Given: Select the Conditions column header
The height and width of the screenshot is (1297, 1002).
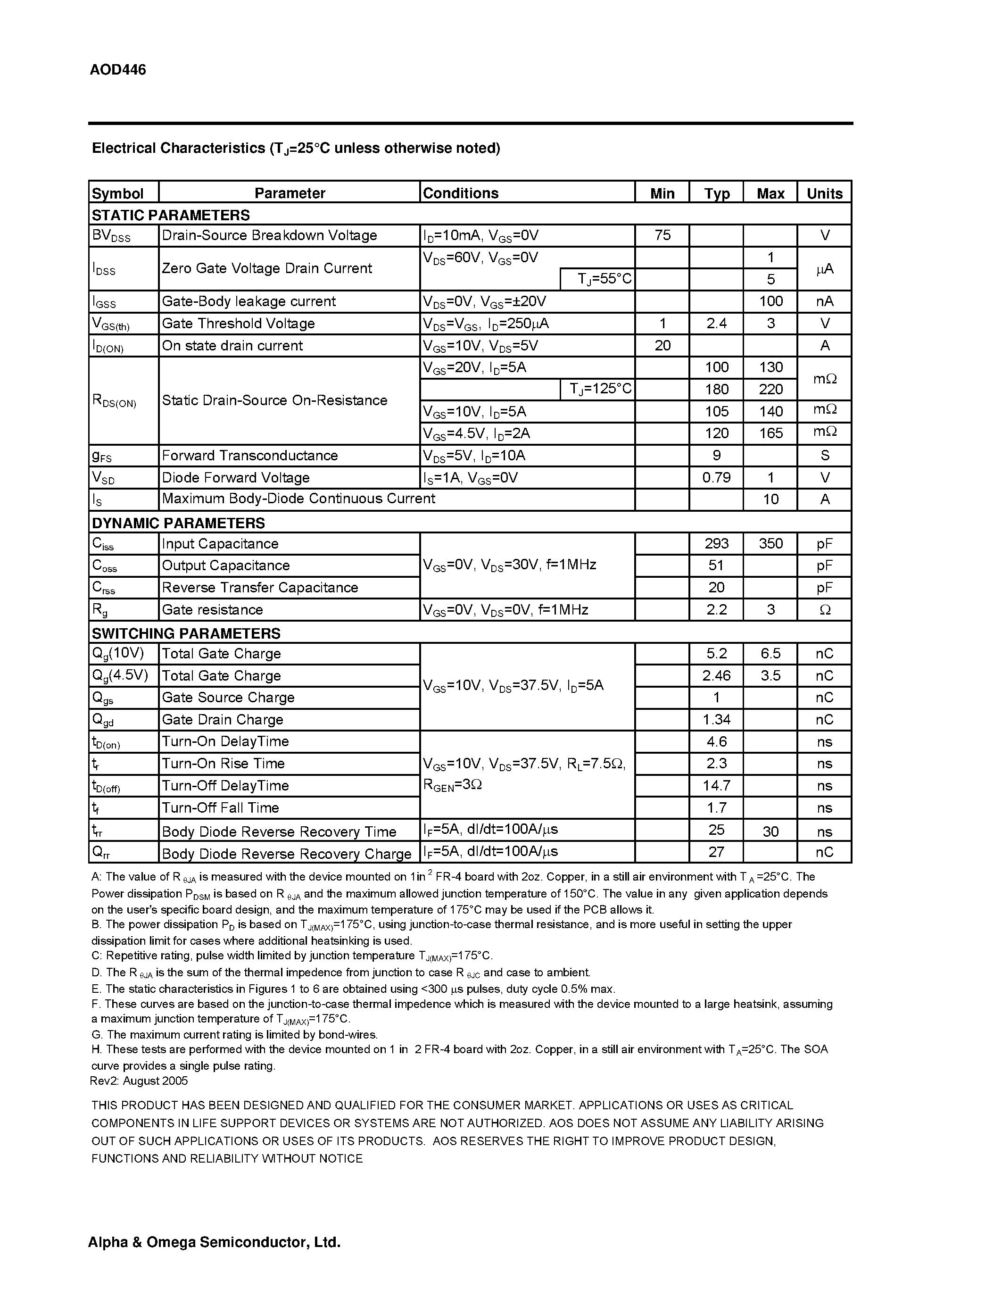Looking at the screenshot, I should click(460, 193).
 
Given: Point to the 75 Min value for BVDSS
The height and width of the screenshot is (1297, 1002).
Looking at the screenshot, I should click(662, 235).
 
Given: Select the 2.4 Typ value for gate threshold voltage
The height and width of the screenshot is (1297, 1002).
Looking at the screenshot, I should click(716, 324).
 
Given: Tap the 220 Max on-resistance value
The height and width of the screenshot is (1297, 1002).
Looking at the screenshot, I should click(770, 390).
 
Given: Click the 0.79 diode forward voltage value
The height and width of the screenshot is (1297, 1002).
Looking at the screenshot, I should click(716, 477).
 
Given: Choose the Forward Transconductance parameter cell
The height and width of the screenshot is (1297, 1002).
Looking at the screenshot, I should click(250, 456).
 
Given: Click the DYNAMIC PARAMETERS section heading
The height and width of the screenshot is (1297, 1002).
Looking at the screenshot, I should click(178, 523).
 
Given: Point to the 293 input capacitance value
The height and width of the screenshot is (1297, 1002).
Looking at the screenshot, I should click(716, 543).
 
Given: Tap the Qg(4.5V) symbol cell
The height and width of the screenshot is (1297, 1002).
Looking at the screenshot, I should click(120, 676).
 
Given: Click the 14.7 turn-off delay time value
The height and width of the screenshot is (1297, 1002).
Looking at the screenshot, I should click(716, 786).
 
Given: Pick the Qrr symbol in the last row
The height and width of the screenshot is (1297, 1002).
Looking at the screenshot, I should click(101, 853).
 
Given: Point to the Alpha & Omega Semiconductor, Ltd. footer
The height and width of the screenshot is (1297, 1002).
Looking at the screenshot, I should click(214, 1242).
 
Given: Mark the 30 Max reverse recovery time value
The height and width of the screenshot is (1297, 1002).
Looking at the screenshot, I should click(770, 831).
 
